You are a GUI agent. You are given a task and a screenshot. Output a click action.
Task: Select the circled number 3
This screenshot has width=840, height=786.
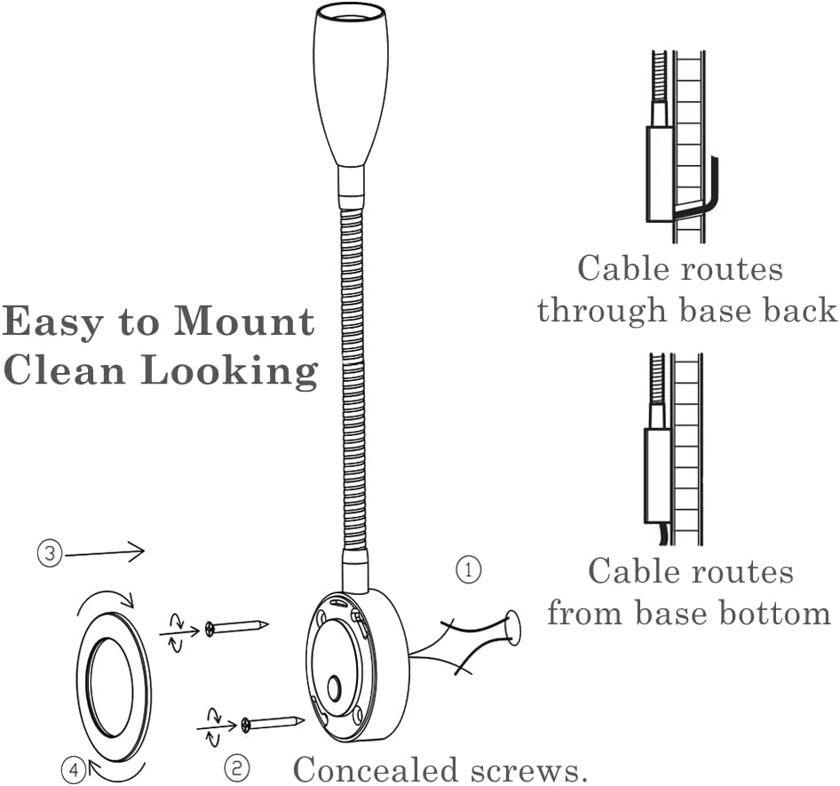(x=49, y=554)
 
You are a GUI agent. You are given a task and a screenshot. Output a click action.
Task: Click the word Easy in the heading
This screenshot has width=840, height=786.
(x=52, y=322)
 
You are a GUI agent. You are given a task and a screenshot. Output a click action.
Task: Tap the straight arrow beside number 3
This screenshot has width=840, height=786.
(x=105, y=553)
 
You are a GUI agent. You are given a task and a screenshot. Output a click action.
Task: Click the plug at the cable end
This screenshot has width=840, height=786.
(x=511, y=629)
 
